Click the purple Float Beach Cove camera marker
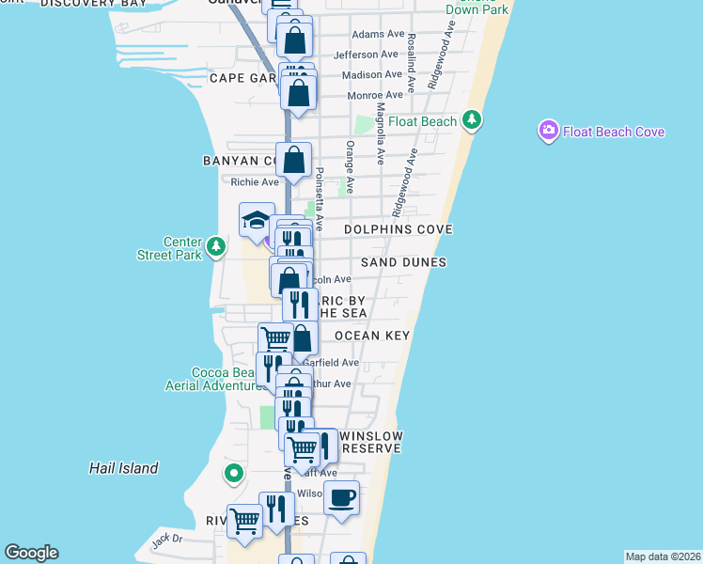[x=548, y=132]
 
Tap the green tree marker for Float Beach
[x=472, y=120]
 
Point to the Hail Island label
[x=124, y=468]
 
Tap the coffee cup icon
[x=341, y=497]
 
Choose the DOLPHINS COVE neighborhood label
[x=398, y=229]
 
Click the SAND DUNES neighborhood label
[x=403, y=262]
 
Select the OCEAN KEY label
[x=373, y=336]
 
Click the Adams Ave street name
[x=377, y=35]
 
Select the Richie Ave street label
[x=256, y=182]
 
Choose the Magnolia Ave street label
[x=380, y=136]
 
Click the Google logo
[x=31, y=553]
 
